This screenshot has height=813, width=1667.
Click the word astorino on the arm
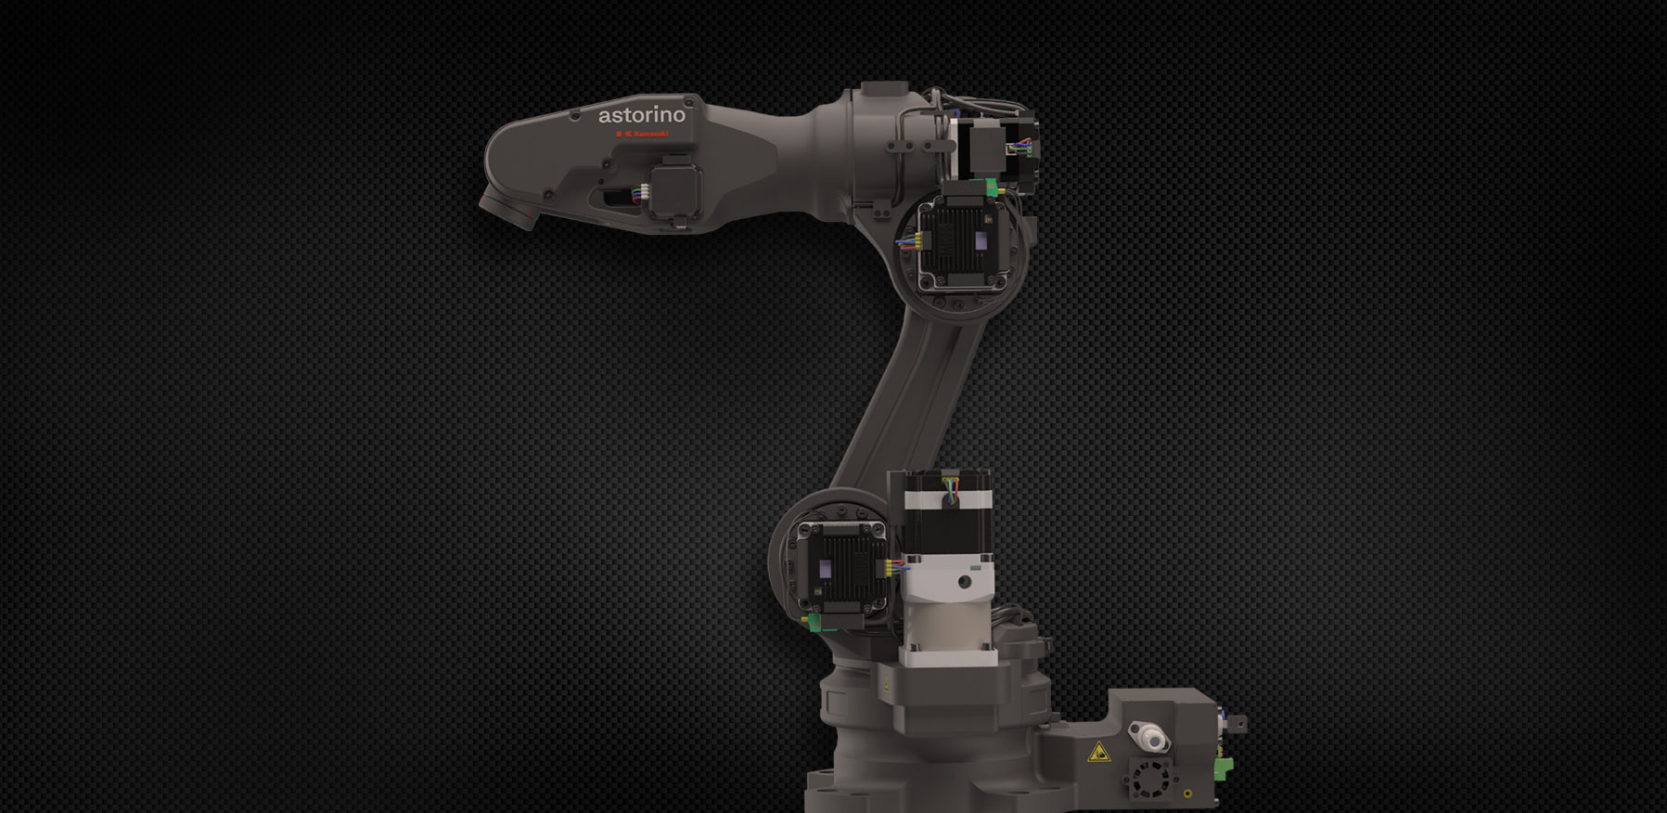click(x=642, y=115)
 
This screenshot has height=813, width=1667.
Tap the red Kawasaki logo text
click(x=641, y=135)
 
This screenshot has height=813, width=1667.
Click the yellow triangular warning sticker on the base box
click(x=1099, y=751)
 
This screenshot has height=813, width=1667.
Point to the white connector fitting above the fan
click(x=1149, y=739)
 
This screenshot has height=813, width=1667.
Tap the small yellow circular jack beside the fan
click(x=1188, y=794)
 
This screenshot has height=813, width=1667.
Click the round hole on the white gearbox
click(x=965, y=582)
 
